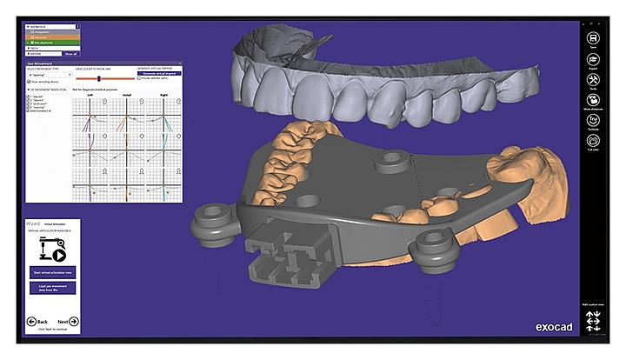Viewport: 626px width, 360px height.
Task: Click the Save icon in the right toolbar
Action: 592,39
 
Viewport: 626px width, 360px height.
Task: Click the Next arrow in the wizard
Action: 67,322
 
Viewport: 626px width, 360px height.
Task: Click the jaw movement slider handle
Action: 99,79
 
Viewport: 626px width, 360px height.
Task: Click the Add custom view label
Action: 592,305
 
